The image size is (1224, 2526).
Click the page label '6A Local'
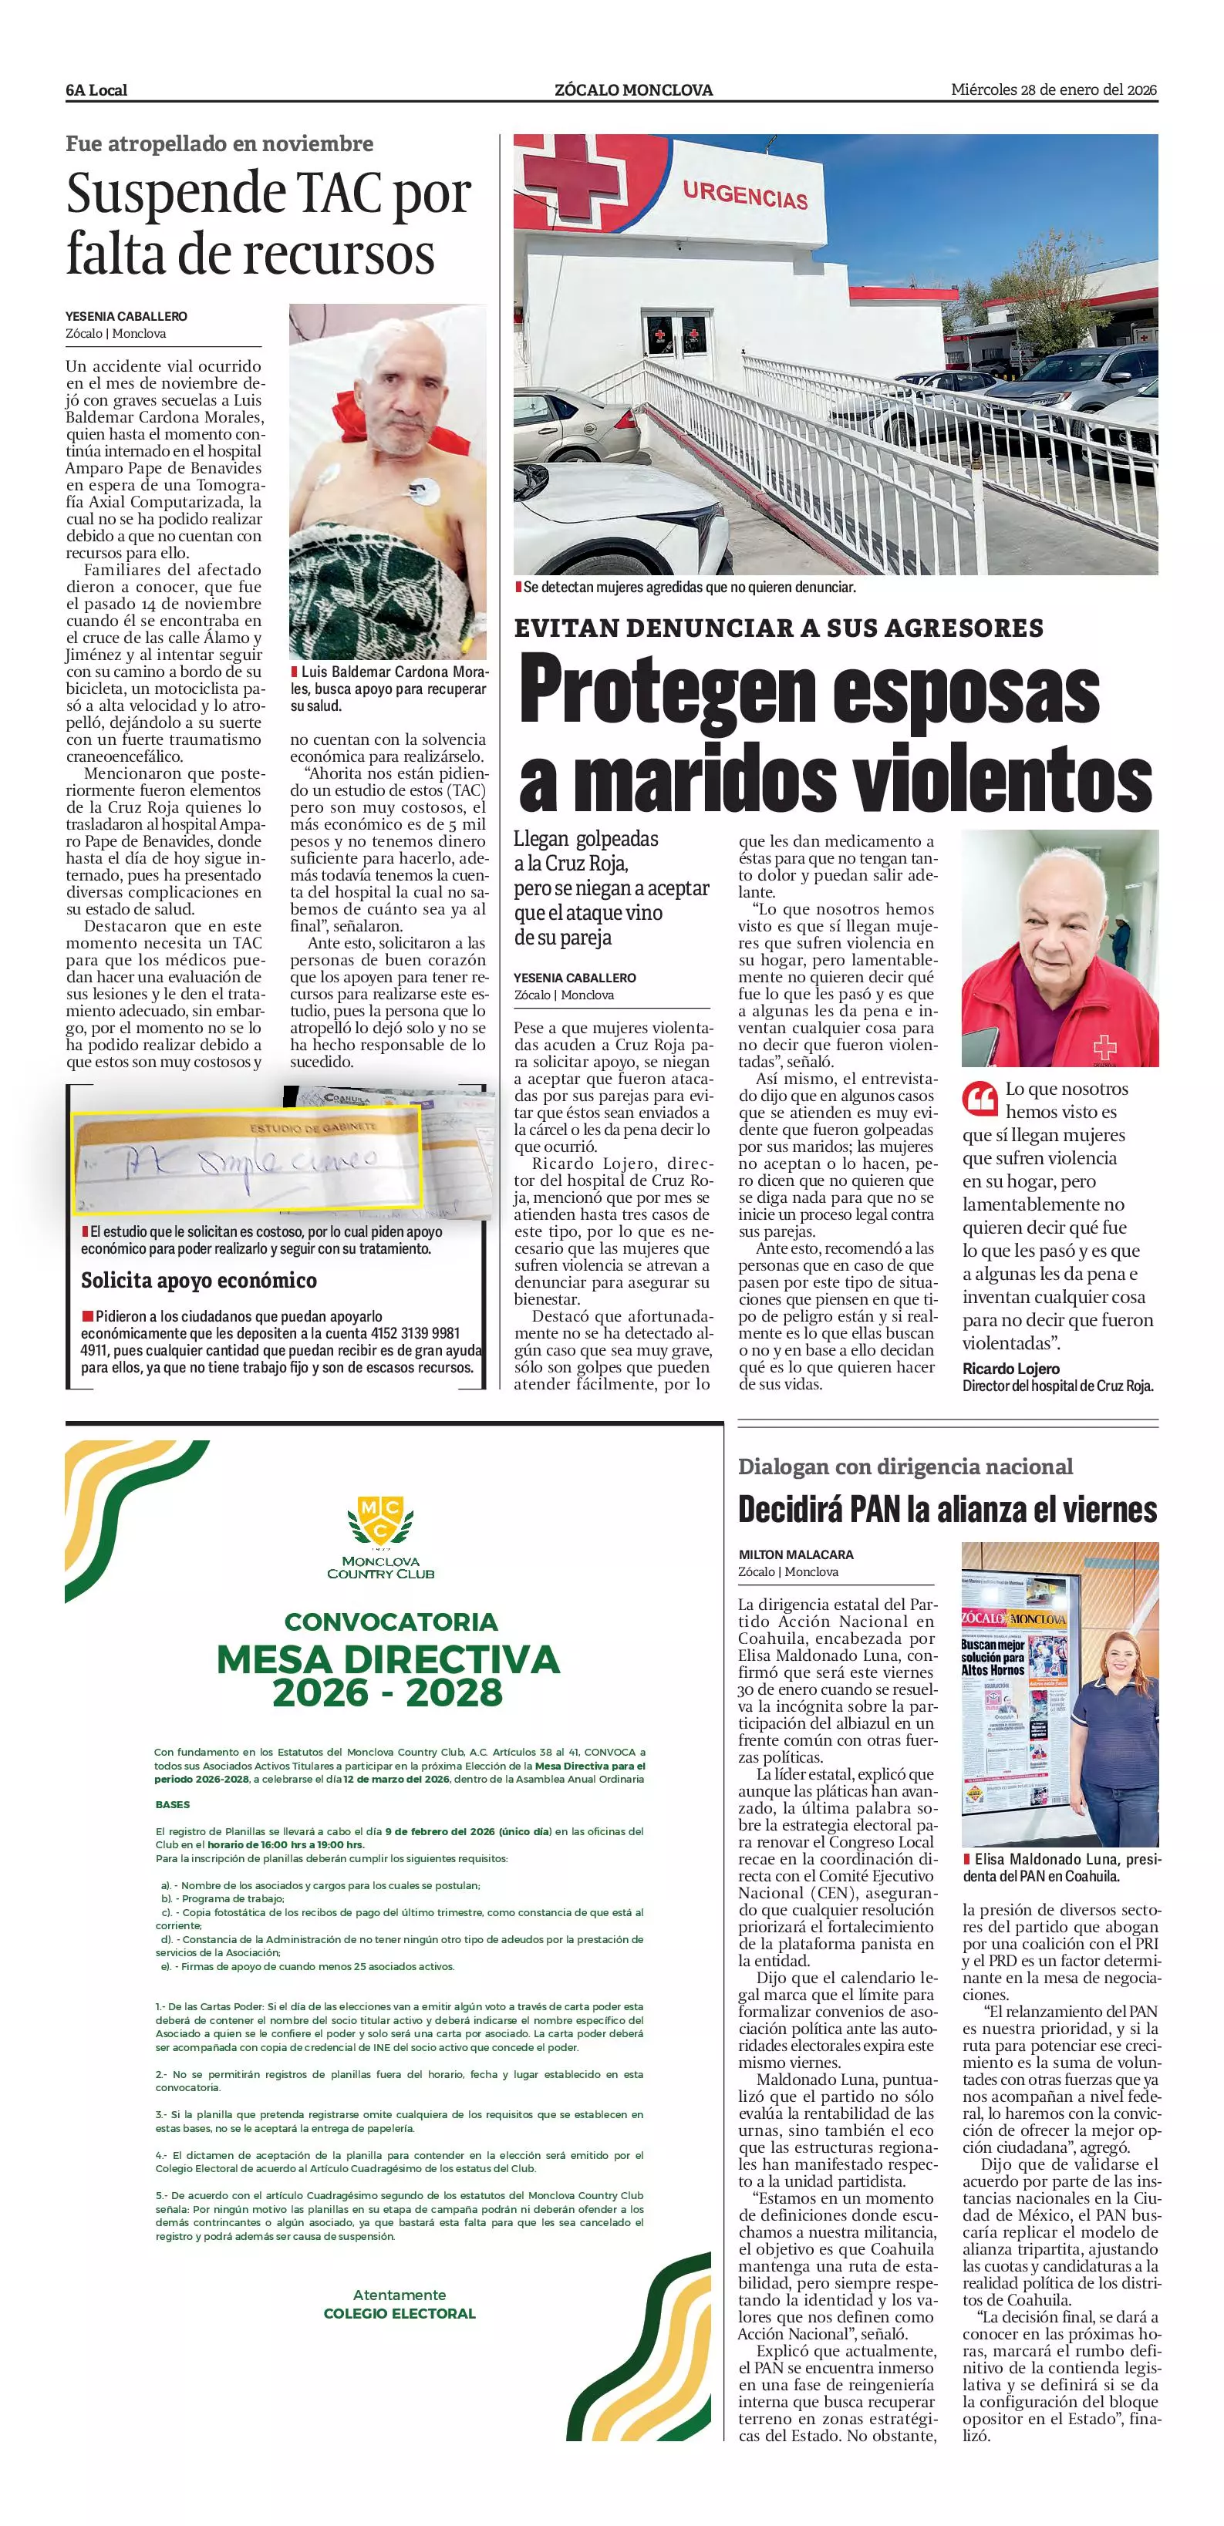tap(96, 90)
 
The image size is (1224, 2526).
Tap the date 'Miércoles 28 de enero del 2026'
tap(1054, 89)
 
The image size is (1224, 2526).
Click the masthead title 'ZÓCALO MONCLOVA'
tap(633, 90)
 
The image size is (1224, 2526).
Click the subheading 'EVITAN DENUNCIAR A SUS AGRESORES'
tap(779, 628)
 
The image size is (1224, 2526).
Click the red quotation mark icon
tap(979, 1100)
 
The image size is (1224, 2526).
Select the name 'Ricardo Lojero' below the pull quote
tap(1010, 1369)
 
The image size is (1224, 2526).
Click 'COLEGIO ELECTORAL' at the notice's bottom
tap(400, 2313)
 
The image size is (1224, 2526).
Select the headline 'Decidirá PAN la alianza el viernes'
tap(946, 1509)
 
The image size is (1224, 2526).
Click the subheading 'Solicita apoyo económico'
tap(199, 1281)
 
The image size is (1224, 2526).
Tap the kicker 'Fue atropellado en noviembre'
tap(220, 144)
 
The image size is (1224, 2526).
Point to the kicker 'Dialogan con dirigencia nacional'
tap(905, 1467)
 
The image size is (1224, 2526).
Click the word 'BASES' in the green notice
tap(173, 1804)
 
